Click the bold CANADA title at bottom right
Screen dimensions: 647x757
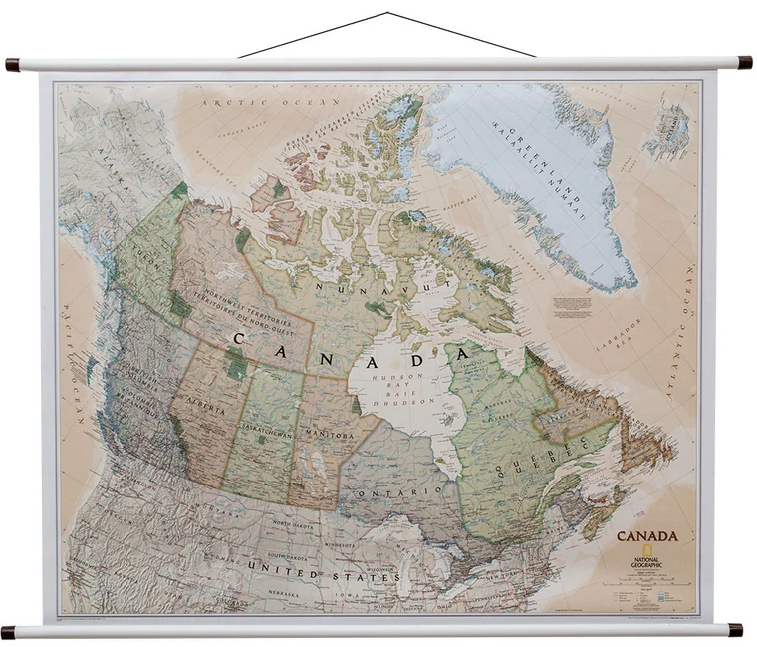tap(647, 535)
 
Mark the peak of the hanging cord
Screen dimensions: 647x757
tap(387, 14)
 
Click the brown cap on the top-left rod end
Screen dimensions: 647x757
tap(13, 64)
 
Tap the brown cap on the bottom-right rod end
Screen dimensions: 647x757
tap(735, 629)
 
